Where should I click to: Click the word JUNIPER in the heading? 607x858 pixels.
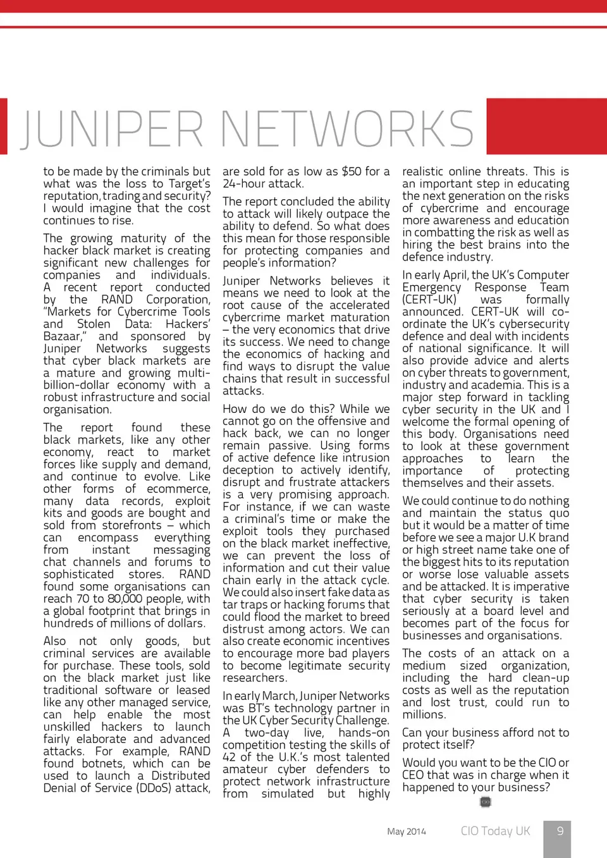(x=111, y=128)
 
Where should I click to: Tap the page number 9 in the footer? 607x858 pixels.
(x=560, y=831)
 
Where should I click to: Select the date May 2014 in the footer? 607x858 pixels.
(x=407, y=831)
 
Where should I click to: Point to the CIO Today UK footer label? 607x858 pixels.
(x=495, y=831)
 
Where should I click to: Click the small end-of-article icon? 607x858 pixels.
(x=486, y=802)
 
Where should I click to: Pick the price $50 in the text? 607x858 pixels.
(x=352, y=171)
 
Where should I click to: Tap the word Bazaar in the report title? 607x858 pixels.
(x=63, y=336)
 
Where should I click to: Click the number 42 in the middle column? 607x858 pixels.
(x=230, y=757)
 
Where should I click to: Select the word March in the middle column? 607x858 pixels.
(x=279, y=696)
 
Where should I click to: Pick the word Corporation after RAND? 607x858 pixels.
(x=178, y=299)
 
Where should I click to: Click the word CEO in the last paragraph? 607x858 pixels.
(x=414, y=775)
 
